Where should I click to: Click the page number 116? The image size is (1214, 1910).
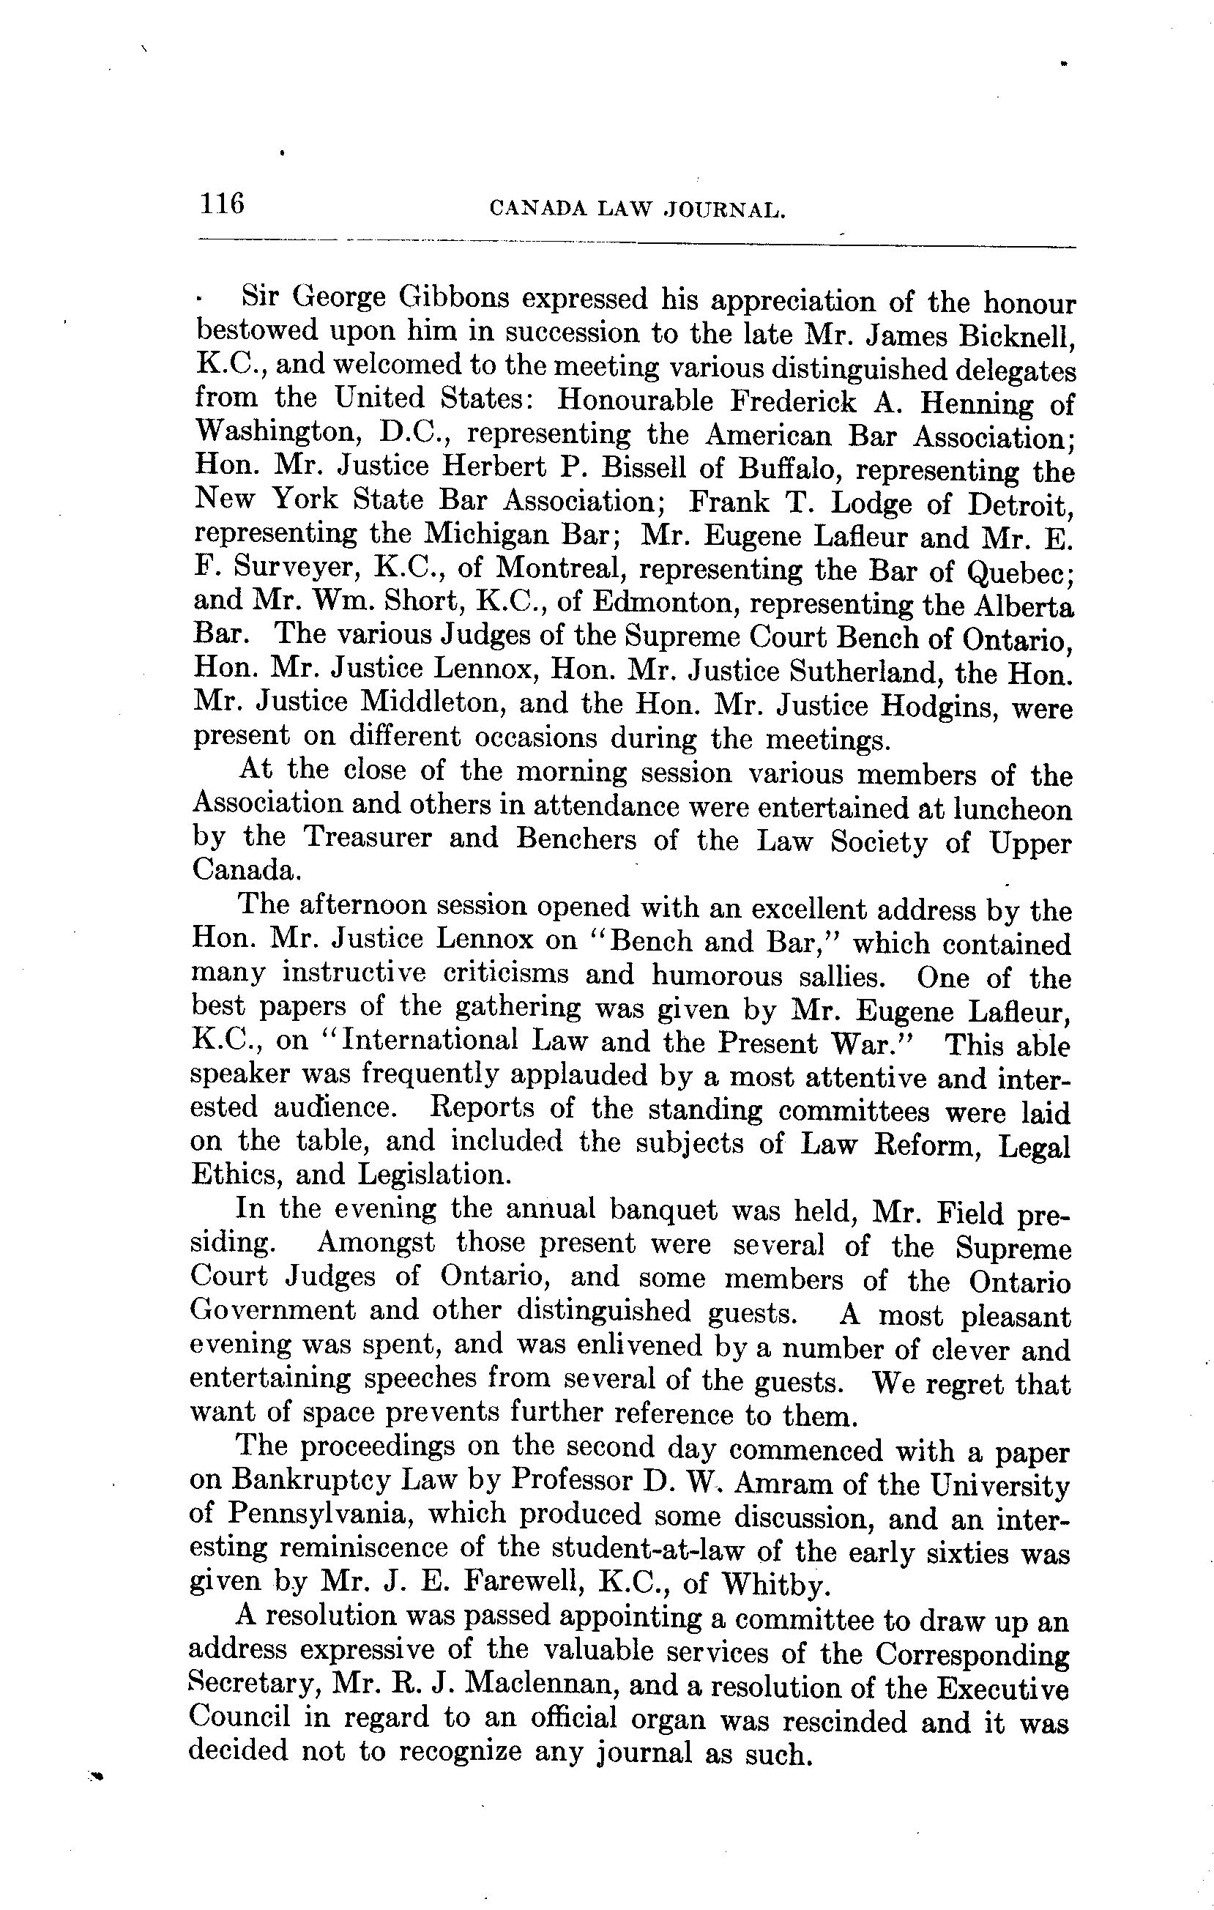tap(222, 204)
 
